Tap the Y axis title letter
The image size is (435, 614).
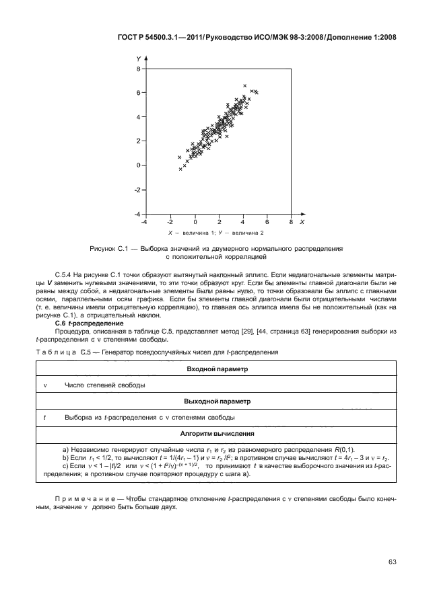(x=138, y=60)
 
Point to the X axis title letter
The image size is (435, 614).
(x=302, y=221)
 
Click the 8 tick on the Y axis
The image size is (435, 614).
(x=137, y=69)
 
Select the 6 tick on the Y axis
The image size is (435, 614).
(x=137, y=93)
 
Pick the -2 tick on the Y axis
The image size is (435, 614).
(x=136, y=190)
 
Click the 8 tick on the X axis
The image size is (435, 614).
(x=290, y=221)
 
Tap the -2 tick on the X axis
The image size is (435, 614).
(x=170, y=221)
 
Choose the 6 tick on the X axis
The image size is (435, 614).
(x=267, y=221)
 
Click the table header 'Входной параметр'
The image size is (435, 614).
(x=217, y=369)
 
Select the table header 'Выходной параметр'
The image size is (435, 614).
(x=217, y=401)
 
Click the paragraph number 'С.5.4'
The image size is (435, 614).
(x=64, y=276)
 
